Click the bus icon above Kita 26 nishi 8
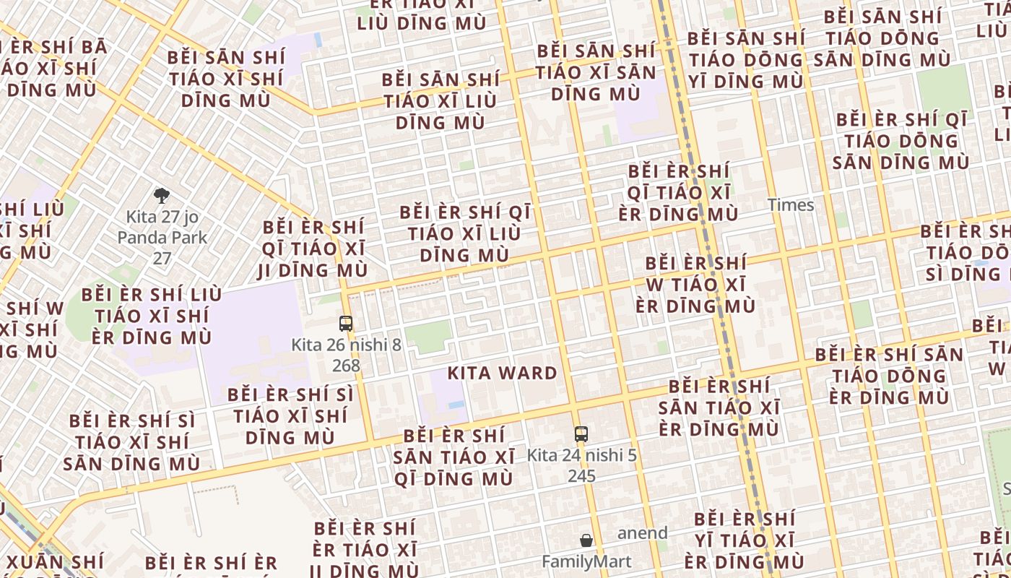pos(346,323)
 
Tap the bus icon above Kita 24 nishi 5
pos(581,433)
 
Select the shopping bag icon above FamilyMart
pos(586,540)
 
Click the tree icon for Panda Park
pos(162,195)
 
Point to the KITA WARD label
pos(503,374)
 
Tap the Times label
pos(791,205)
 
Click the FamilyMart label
pos(586,561)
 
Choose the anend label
pos(642,533)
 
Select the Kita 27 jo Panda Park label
pos(162,227)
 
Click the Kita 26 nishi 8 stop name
pos(346,345)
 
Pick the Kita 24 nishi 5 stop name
pos(581,455)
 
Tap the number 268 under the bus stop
pos(346,366)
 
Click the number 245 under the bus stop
pos(581,475)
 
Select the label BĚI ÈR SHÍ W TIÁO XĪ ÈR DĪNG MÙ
pos(695,284)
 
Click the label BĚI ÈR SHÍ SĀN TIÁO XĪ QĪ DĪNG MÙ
pos(454,457)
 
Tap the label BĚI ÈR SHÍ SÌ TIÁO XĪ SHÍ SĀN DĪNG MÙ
pos(132,441)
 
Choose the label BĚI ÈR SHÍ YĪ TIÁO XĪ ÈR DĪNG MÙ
pos(744,540)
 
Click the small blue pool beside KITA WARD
pos(456,405)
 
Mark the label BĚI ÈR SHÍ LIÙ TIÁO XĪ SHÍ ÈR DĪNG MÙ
pos(152,316)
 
